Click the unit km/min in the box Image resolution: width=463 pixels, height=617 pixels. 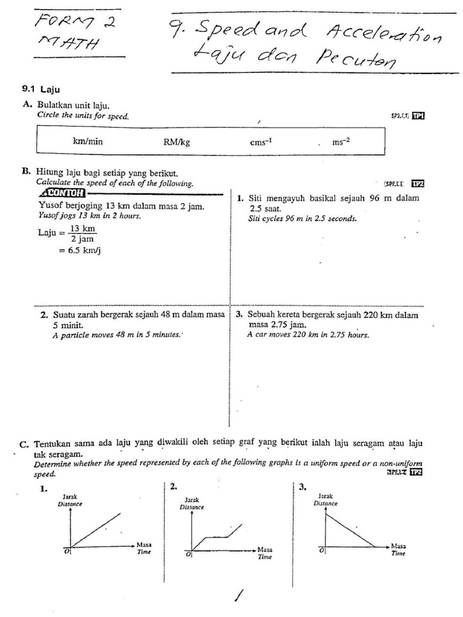[x=88, y=142]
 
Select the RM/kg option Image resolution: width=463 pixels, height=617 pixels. [x=177, y=142]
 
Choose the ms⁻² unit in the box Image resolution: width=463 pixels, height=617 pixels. [x=341, y=142]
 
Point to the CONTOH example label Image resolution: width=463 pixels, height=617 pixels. [x=61, y=193]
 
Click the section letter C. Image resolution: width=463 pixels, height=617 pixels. [x=24, y=445]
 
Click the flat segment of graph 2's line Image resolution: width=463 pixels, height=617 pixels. [x=216, y=537]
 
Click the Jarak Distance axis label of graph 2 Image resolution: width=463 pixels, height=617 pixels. [x=192, y=504]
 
